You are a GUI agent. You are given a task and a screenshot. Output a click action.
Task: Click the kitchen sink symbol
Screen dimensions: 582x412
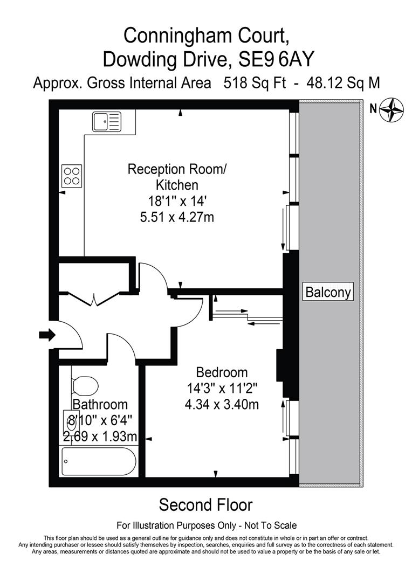(106, 121)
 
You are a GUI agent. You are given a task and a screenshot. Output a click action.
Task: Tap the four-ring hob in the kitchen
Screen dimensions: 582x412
(72, 174)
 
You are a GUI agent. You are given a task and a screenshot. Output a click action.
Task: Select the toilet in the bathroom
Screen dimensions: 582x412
(85, 386)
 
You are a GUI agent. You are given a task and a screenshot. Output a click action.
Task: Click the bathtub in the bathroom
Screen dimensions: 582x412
(98, 461)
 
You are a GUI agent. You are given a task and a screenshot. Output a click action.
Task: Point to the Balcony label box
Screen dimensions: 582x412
(328, 292)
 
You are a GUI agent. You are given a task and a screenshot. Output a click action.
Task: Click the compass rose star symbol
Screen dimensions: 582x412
(392, 109)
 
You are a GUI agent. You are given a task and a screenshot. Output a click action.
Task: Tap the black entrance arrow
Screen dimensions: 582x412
(47, 335)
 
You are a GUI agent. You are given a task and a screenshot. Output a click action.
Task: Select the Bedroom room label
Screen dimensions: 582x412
(222, 372)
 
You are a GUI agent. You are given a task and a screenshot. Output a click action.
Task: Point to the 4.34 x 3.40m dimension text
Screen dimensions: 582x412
(222, 404)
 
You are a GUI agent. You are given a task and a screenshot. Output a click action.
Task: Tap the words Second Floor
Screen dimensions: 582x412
(205, 505)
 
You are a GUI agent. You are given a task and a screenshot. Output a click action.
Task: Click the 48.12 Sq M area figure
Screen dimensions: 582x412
(343, 84)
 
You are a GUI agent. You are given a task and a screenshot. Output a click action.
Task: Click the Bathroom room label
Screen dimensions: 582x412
(100, 404)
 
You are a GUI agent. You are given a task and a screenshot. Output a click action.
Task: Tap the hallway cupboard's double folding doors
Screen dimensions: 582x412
(94, 298)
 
